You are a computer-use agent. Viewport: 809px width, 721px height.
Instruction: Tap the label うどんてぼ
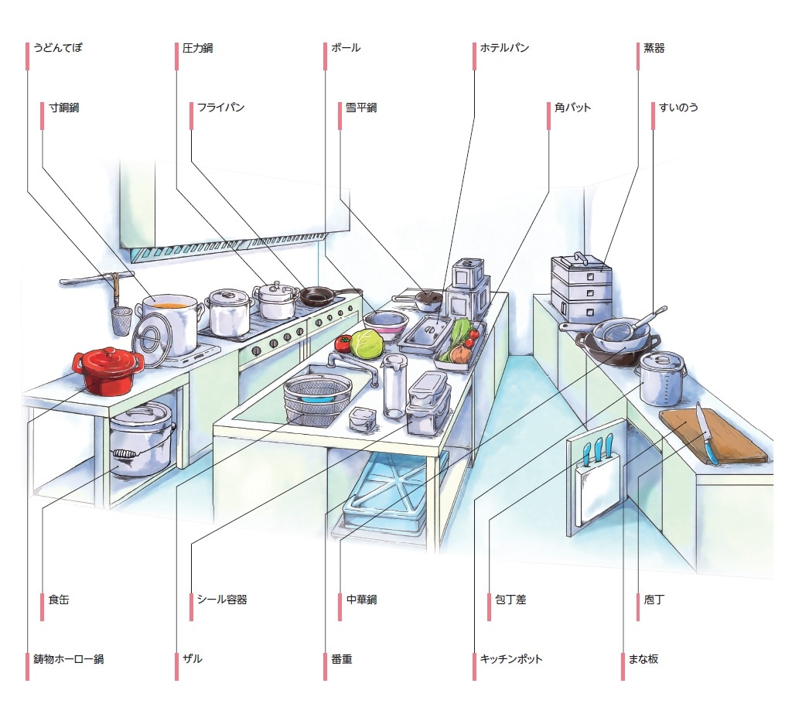click(57, 48)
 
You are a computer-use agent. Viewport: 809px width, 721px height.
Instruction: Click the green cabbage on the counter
click(367, 343)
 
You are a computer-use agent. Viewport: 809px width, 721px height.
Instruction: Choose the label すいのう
click(678, 108)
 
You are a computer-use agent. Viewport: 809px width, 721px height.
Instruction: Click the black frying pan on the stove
click(317, 295)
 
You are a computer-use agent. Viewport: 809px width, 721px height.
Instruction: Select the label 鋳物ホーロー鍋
click(68, 660)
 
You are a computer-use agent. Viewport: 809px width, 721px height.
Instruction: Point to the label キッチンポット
click(511, 660)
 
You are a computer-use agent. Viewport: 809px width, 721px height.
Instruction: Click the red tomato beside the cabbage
click(343, 343)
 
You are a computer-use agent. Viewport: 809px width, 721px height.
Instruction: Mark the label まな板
click(643, 660)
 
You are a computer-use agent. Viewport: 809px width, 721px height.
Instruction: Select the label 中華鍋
click(361, 600)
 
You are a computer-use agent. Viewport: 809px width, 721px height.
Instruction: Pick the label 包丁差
click(510, 600)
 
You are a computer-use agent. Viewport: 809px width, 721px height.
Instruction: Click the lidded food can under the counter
click(140, 441)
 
